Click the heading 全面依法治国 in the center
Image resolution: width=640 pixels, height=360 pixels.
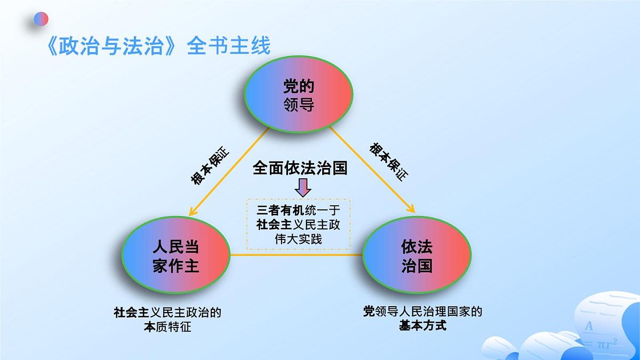point(300,169)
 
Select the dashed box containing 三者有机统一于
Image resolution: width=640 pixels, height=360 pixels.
point(298,224)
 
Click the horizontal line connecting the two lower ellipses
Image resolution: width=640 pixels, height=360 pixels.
point(296,255)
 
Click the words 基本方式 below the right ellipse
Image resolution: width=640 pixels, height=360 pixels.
point(422,325)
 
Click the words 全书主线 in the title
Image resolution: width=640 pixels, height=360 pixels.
point(229,46)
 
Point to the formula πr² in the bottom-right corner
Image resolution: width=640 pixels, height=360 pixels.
point(606,344)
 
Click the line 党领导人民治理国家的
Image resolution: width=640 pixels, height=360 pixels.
point(422,311)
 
